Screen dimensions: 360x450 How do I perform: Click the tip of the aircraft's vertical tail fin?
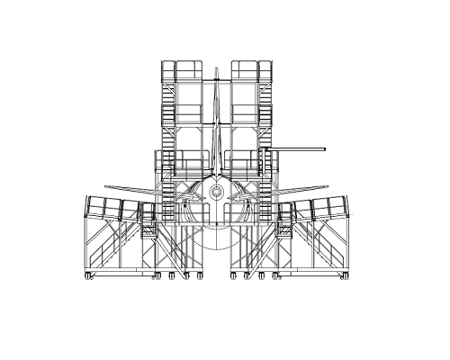click(x=216, y=68)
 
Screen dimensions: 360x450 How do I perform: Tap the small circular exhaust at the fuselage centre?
click(x=216, y=191)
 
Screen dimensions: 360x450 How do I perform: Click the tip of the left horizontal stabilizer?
click(x=106, y=186)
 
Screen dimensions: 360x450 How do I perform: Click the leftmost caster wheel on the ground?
click(x=87, y=275)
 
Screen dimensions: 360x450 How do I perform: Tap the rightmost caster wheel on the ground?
click(x=345, y=275)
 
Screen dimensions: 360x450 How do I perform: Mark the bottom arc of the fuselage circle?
click(x=216, y=248)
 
